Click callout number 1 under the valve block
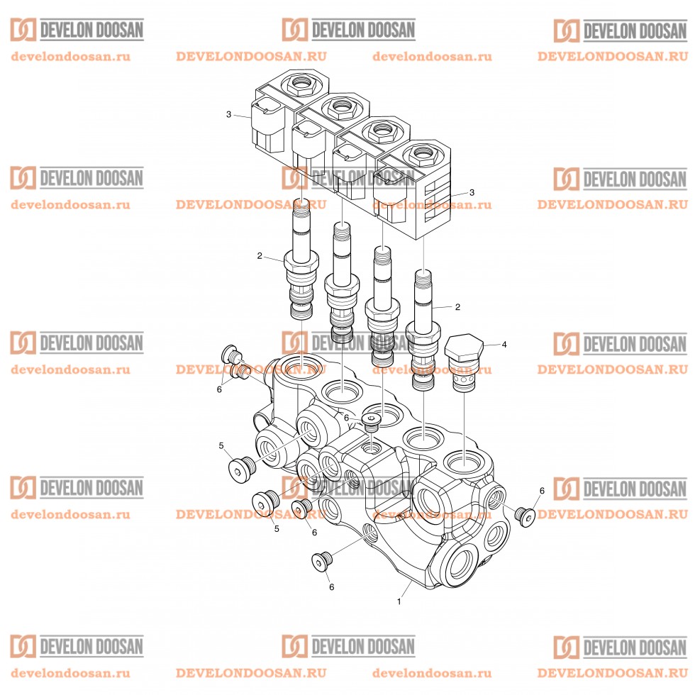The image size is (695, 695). pos(399,601)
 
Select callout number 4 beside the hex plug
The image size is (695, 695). pos(504,345)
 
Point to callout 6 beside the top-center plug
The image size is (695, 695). pos(346,418)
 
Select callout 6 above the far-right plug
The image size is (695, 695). pos(542,491)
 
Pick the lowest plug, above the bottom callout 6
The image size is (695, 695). pos(321,562)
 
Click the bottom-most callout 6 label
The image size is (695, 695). pos(330,587)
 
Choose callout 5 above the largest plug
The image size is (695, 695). pos(221,445)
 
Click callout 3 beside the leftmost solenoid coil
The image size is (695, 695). pos(228,114)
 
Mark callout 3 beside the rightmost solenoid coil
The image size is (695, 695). pos(472,192)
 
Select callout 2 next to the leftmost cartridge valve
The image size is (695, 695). pos(260,255)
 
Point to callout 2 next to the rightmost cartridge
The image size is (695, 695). pos(457,307)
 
